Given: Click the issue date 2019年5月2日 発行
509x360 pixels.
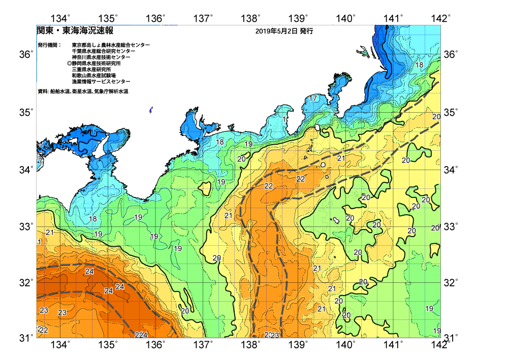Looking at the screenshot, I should [284, 31].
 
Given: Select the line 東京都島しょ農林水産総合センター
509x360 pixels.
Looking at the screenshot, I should [111, 45].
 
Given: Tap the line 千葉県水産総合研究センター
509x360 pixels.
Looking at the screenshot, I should [104, 51].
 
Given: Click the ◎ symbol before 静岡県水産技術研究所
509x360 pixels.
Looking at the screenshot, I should [69, 63].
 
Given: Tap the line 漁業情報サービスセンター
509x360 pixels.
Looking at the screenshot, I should [101, 82].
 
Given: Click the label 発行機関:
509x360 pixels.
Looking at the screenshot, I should [49, 45].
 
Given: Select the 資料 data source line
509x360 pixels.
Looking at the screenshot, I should [83, 91].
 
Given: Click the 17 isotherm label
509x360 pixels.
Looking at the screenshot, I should [313, 98].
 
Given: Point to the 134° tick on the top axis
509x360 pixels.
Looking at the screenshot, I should [61, 19].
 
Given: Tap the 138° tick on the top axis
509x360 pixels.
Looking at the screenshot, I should [251, 19].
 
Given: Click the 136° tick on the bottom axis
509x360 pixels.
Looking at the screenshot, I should [155, 346].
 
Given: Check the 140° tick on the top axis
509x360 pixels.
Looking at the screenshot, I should [346, 19].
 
